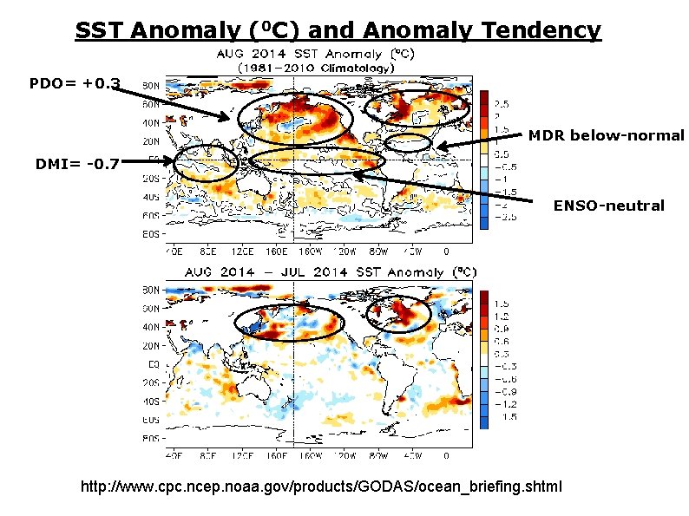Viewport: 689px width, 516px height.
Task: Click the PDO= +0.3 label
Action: (x=74, y=84)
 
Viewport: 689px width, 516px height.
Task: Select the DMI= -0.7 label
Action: (x=76, y=161)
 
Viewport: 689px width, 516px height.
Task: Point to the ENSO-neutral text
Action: (x=608, y=206)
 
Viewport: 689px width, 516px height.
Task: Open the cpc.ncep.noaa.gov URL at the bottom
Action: (x=321, y=487)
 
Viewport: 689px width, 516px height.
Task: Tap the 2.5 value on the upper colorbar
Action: (x=502, y=102)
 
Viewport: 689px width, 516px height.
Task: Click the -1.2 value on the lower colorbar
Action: (x=502, y=403)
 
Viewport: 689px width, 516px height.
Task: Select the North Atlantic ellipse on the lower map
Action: (x=398, y=314)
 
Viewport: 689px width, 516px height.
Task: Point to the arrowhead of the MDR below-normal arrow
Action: (x=438, y=147)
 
